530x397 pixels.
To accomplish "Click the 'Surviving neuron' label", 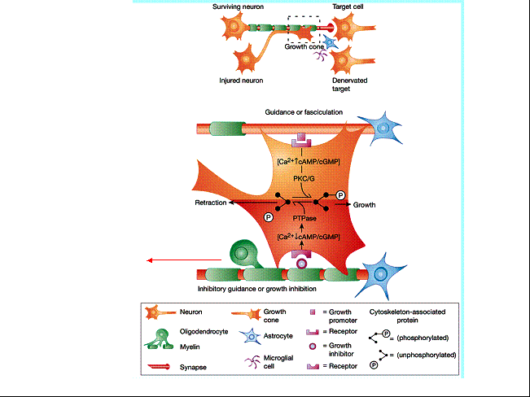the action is (238, 7).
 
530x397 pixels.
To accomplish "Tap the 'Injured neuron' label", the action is (241, 81).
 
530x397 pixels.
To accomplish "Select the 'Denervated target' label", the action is (349, 85).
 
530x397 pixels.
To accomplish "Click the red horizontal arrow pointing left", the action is (184, 260).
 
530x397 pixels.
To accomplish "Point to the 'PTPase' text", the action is (304, 218).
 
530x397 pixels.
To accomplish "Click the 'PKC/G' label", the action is (304, 178).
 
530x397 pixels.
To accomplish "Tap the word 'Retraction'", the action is (211, 203).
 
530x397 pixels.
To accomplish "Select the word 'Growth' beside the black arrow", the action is (364, 205).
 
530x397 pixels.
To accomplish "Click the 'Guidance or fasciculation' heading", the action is (304, 112).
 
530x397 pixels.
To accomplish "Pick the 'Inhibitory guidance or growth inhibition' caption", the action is (257, 289).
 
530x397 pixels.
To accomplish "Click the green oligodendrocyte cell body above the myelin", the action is (242, 253).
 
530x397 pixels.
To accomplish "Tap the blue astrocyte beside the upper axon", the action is (382, 129).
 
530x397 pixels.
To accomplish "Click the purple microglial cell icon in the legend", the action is (252, 362).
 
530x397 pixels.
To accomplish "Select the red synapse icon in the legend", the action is (159, 367).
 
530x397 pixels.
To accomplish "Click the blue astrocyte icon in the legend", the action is (251, 336).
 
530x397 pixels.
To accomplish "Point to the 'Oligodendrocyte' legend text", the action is (204, 331).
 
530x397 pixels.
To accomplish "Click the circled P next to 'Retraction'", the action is (269, 217).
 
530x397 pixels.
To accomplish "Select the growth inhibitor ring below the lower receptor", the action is (301, 264).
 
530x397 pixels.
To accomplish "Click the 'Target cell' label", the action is (348, 7).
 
